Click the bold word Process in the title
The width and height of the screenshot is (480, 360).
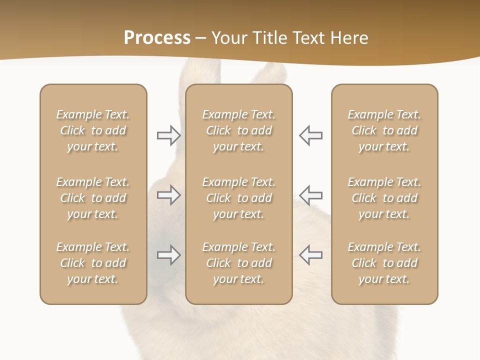pyautogui.click(x=157, y=38)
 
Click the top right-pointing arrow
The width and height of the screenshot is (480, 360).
pyautogui.click(x=168, y=135)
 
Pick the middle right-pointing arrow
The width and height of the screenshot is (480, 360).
pyautogui.click(x=168, y=194)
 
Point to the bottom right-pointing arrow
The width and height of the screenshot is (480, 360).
pyautogui.click(x=168, y=255)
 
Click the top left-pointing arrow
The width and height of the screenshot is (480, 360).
pyautogui.click(x=311, y=135)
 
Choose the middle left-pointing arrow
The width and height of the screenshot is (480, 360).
pyautogui.click(x=311, y=194)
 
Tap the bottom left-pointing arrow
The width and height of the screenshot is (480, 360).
pyautogui.click(x=311, y=254)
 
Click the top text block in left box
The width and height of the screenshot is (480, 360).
pyautogui.click(x=93, y=130)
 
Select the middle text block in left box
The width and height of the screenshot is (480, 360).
pyautogui.click(x=93, y=198)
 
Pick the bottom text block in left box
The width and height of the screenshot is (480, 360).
pyautogui.click(x=93, y=263)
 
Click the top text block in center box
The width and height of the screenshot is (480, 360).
pyautogui.click(x=239, y=130)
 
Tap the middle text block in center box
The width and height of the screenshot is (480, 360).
pyautogui.click(x=239, y=198)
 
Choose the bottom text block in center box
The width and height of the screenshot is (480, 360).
pyautogui.click(x=239, y=263)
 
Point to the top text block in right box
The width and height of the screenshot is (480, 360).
pyautogui.click(x=384, y=130)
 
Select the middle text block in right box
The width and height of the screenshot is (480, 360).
pyautogui.click(x=384, y=198)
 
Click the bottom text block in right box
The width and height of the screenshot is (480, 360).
pyautogui.click(x=384, y=263)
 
